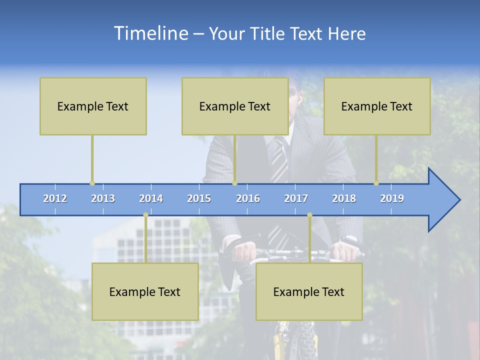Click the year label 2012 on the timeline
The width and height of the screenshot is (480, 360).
tap(55, 198)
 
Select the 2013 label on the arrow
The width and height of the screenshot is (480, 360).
tap(103, 198)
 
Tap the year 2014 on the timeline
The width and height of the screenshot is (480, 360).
tap(151, 198)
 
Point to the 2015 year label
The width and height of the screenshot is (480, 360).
tap(199, 198)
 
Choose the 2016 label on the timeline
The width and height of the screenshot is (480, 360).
tap(248, 198)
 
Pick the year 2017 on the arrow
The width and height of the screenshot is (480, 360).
tap(296, 198)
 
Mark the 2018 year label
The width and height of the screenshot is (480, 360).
tap(344, 198)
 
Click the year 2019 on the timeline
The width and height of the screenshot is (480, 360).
tap(392, 198)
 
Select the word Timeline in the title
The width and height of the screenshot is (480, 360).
tap(150, 33)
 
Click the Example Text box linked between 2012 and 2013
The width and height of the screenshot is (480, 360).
tap(93, 106)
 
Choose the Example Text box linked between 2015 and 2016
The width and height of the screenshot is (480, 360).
tap(235, 106)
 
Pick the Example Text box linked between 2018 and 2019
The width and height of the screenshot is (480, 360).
tap(377, 106)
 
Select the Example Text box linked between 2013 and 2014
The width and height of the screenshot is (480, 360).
tap(145, 291)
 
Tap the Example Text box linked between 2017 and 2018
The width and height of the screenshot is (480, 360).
tap(309, 291)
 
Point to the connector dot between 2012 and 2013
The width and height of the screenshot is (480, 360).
tap(92, 183)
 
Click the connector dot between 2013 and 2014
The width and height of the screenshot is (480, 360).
tap(145, 215)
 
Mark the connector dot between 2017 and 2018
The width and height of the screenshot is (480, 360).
tap(309, 215)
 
